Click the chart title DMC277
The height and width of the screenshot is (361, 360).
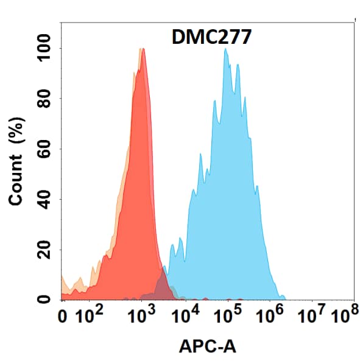(207, 38)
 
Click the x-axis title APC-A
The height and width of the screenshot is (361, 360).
(207, 347)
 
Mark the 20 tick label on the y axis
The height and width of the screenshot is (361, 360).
(44, 250)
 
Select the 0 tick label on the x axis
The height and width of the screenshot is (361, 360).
(62, 317)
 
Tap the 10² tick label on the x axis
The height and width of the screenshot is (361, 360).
(93, 316)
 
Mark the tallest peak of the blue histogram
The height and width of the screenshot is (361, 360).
(225, 49)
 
